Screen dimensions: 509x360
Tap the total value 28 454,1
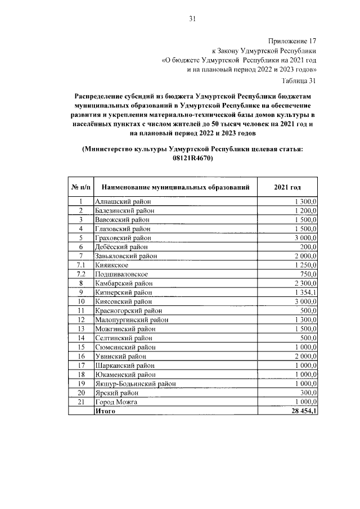tap(301, 411)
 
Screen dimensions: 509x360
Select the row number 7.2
tap(81, 274)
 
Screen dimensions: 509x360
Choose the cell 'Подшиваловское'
tap(122, 274)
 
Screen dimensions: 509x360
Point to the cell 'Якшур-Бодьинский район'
tap(136, 384)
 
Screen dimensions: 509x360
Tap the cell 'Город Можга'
tap(116, 402)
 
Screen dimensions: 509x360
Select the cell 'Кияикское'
tap(112, 265)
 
